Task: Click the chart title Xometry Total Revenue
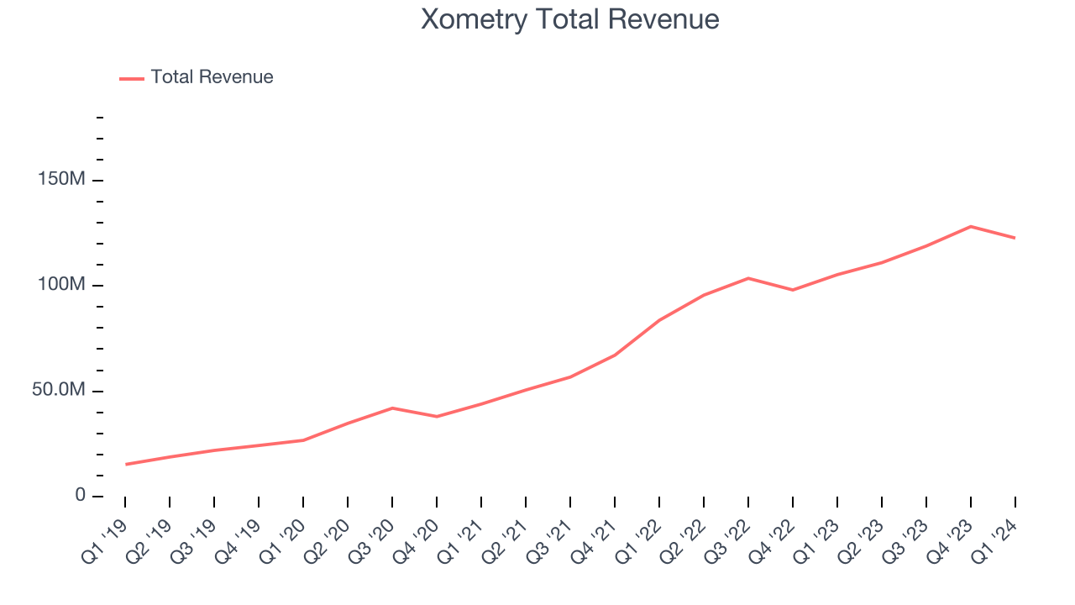pyautogui.click(x=569, y=19)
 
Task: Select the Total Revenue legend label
pyautogui.click(x=212, y=77)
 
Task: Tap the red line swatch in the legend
pyautogui.click(x=132, y=78)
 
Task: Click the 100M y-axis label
pyautogui.click(x=61, y=286)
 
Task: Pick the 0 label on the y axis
pyautogui.click(x=81, y=496)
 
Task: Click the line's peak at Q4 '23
pyautogui.click(x=970, y=226)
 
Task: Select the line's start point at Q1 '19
pyautogui.click(x=125, y=464)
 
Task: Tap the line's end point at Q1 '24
pyautogui.click(x=1015, y=238)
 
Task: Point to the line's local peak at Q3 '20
pyautogui.click(x=392, y=408)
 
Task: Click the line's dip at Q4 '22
pyautogui.click(x=793, y=290)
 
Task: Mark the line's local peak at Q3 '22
pyautogui.click(x=748, y=278)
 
